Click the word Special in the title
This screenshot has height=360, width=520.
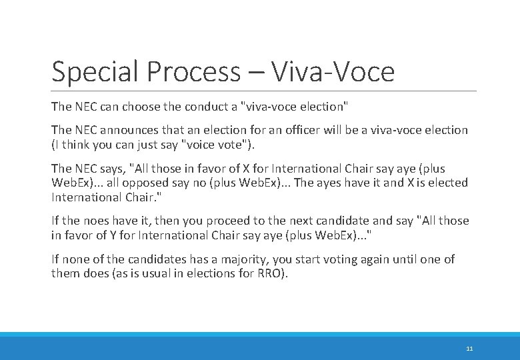[x=91, y=72]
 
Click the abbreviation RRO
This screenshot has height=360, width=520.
[x=271, y=273]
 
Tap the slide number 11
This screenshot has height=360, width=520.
[x=469, y=349]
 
